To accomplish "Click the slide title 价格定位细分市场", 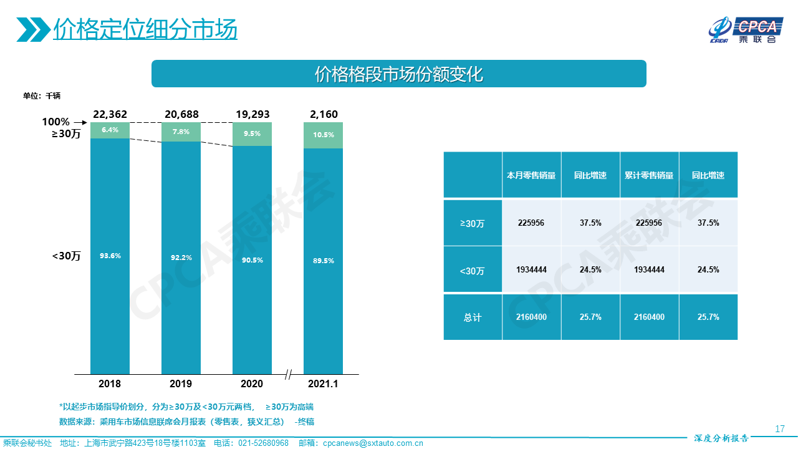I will pyautogui.click(x=145, y=29).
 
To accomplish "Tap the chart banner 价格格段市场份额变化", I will pyautogui.click(x=399, y=74).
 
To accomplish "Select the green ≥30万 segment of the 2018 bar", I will pyautogui.click(x=110, y=130).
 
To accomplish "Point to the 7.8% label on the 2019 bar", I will pyautogui.click(x=181, y=132).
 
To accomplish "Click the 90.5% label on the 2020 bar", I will pyautogui.click(x=252, y=259).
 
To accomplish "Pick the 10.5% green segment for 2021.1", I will pyautogui.click(x=323, y=135).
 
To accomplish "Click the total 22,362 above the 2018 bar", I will pyautogui.click(x=110, y=114).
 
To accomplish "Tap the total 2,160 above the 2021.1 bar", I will pyautogui.click(x=324, y=114).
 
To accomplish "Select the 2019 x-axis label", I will pyautogui.click(x=181, y=384).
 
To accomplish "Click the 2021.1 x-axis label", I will pyautogui.click(x=323, y=384).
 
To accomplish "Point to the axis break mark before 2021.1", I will pyautogui.click(x=288, y=375).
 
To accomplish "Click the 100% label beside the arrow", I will pyautogui.click(x=55, y=122).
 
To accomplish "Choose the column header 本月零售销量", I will pyautogui.click(x=531, y=175).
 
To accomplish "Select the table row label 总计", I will pyautogui.click(x=473, y=317).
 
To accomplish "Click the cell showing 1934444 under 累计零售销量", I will pyautogui.click(x=649, y=270).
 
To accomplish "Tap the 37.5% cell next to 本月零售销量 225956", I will pyautogui.click(x=590, y=223).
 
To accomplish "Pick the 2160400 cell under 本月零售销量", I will pyautogui.click(x=531, y=317).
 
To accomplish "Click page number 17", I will pyautogui.click(x=779, y=429).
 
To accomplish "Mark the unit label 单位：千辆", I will pyautogui.click(x=42, y=96).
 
